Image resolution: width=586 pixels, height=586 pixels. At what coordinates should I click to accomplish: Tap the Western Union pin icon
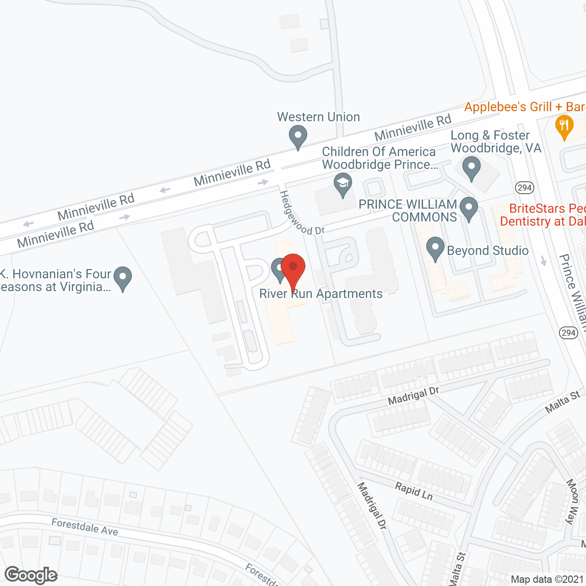pyautogui.click(x=298, y=136)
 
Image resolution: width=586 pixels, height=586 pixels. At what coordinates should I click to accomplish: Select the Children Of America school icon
pyautogui.click(x=342, y=184)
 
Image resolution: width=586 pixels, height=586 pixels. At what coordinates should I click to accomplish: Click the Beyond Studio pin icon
pyautogui.click(x=435, y=248)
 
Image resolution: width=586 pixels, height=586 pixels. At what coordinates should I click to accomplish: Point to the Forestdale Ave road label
pyautogui.click(x=85, y=527)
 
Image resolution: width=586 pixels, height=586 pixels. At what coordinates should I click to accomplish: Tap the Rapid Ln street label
pyautogui.click(x=414, y=491)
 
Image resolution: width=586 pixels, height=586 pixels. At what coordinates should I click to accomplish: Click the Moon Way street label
pyautogui.click(x=572, y=501)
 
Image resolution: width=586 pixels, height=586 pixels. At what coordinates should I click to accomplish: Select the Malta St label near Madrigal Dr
pyautogui.click(x=563, y=402)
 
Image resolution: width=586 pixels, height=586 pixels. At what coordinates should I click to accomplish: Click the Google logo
pyautogui.click(x=31, y=575)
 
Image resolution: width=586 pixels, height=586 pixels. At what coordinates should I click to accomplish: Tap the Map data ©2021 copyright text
pyautogui.click(x=548, y=579)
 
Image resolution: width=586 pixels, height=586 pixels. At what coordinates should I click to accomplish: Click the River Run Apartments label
pyautogui.click(x=321, y=294)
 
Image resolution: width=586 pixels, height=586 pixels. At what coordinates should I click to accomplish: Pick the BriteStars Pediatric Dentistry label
pyautogui.click(x=543, y=215)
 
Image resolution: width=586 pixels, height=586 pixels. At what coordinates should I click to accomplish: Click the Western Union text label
pyautogui.click(x=319, y=117)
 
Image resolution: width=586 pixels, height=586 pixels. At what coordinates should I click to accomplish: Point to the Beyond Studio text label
pyautogui.click(x=488, y=251)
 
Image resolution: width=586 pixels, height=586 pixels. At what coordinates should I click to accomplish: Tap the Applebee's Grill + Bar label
pyautogui.click(x=525, y=107)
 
